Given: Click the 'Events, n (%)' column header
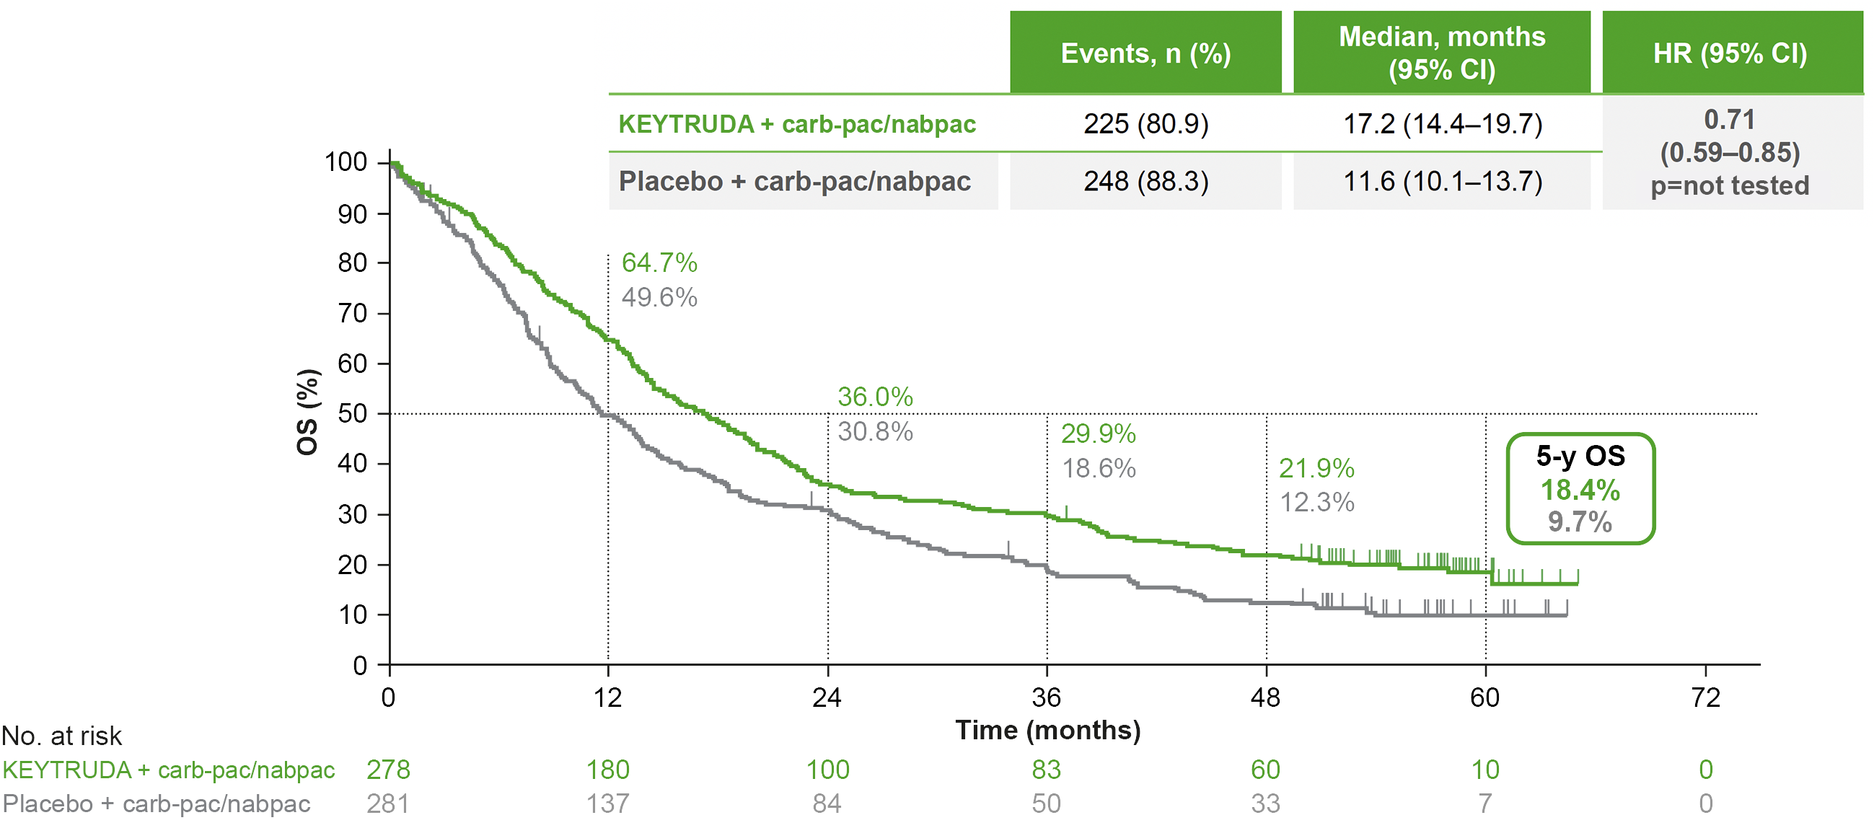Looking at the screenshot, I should [1145, 53].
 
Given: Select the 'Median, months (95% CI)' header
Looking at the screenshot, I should [1441, 53].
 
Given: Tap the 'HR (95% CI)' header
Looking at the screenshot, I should [1730, 53].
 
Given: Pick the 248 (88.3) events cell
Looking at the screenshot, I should [1145, 181].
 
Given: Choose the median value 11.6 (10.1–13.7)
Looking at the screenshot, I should [1442, 181].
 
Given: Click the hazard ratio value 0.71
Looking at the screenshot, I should [1729, 119].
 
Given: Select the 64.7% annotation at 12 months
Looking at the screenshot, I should [659, 263].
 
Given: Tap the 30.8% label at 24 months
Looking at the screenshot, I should [875, 431].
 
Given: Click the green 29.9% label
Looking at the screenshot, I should [1098, 433].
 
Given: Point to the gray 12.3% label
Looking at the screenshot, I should [1316, 502].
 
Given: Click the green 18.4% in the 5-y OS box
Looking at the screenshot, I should [1580, 490].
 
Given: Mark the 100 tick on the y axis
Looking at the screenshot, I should [346, 162].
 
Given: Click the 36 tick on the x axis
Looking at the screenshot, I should [1046, 697].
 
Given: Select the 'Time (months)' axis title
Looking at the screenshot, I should [1047, 730].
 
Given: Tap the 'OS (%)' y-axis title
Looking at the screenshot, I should [307, 412].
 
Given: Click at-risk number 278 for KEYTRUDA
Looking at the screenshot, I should [388, 769].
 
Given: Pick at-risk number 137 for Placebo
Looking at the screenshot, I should [607, 803].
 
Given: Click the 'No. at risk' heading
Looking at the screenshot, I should [62, 736].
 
